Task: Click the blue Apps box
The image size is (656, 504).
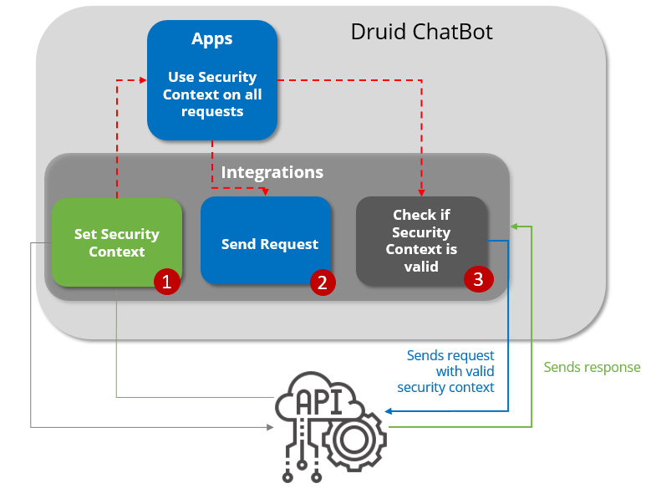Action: click(x=212, y=80)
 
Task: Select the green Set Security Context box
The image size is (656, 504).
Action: click(x=116, y=242)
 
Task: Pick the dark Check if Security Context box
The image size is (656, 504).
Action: click(x=421, y=241)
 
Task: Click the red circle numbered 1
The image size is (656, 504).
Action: click(x=166, y=283)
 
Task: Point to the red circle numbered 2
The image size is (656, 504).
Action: click(x=322, y=283)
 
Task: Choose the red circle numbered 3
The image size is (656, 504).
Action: click(x=478, y=279)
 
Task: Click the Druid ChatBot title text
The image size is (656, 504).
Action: click(x=421, y=33)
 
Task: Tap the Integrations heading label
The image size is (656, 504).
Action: click(x=272, y=172)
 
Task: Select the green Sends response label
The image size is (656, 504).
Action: click(x=592, y=367)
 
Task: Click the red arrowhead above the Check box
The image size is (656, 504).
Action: click(x=421, y=191)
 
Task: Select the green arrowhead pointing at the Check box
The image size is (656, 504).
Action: click(x=515, y=226)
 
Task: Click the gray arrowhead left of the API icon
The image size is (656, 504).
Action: click(x=269, y=428)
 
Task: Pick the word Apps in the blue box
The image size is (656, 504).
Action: click(x=212, y=39)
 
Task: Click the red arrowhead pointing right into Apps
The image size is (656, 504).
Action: click(x=143, y=79)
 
